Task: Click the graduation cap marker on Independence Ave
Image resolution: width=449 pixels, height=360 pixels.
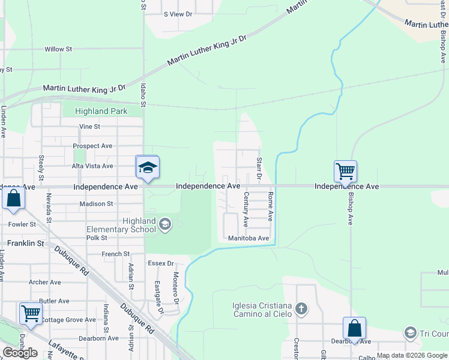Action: tap(147, 167)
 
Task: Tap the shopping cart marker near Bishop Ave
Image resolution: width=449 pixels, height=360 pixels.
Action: tap(345, 172)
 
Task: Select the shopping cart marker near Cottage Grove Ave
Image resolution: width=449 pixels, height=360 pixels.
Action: tap(31, 313)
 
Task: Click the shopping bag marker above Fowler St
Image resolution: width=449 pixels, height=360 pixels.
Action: tap(13, 199)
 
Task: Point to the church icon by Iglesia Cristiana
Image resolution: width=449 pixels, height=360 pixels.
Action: tap(301, 310)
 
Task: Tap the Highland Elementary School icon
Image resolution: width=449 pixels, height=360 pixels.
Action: tap(164, 225)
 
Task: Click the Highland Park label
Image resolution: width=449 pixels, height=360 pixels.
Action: tap(101, 111)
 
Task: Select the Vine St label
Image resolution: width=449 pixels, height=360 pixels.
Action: tap(89, 127)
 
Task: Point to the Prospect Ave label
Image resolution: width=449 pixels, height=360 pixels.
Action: tap(92, 146)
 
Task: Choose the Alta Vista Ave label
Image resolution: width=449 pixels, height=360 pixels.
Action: tap(92, 166)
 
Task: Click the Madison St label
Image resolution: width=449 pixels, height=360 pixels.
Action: tap(96, 204)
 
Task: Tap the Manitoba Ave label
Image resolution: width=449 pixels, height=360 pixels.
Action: tap(248, 238)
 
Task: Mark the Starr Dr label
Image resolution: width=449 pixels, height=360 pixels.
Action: tap(259, 168)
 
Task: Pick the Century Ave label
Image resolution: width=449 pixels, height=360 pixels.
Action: tap(246, 209)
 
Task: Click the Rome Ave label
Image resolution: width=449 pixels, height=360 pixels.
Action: tap(271, 207)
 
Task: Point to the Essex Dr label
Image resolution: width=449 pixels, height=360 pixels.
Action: tap(160, 263)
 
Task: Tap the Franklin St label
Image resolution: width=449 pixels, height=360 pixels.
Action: tap(26, 244)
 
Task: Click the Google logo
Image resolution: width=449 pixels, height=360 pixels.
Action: tap(20, 353)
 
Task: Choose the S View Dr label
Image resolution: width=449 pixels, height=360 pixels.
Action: tap(178, 14)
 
